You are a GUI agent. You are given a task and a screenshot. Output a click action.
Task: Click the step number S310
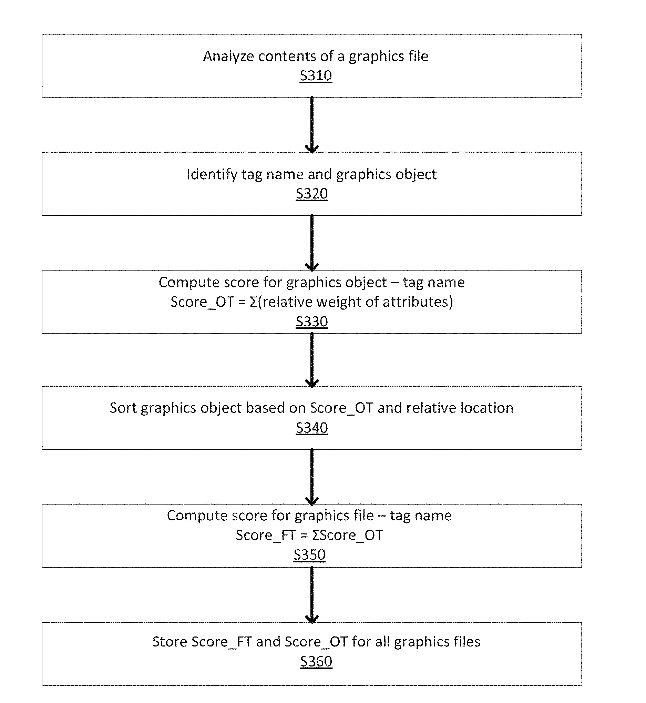pos(316,75)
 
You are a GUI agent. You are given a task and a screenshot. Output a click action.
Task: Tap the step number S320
pos(312,194)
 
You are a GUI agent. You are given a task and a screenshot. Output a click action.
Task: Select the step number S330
pos(312,322)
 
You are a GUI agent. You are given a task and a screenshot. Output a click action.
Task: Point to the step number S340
pos(312,428)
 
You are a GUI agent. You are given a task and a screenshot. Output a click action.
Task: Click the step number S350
pos(309,555)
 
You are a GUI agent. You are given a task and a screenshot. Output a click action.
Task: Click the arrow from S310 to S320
pos(312,125)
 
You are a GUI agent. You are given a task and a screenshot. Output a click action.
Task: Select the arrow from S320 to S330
pos(312,243)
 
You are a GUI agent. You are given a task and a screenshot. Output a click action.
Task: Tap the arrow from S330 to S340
pos(312,360)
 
